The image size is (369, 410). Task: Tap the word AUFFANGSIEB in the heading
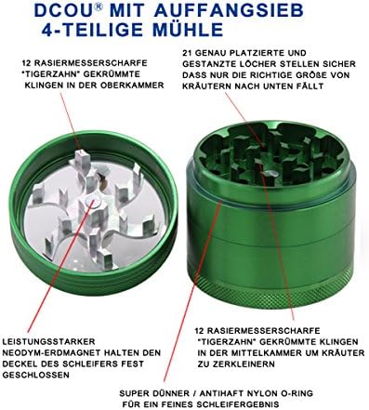[x=229, y=11]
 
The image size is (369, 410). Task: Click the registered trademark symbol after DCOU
[x=98, y=7]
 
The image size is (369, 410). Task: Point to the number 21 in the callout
[x=187, y=53]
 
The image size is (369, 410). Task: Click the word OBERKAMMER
[x=132, y=86]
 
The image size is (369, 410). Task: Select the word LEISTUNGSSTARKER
[x=48, y=342]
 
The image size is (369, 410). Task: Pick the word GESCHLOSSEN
[x=36, y=375]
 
